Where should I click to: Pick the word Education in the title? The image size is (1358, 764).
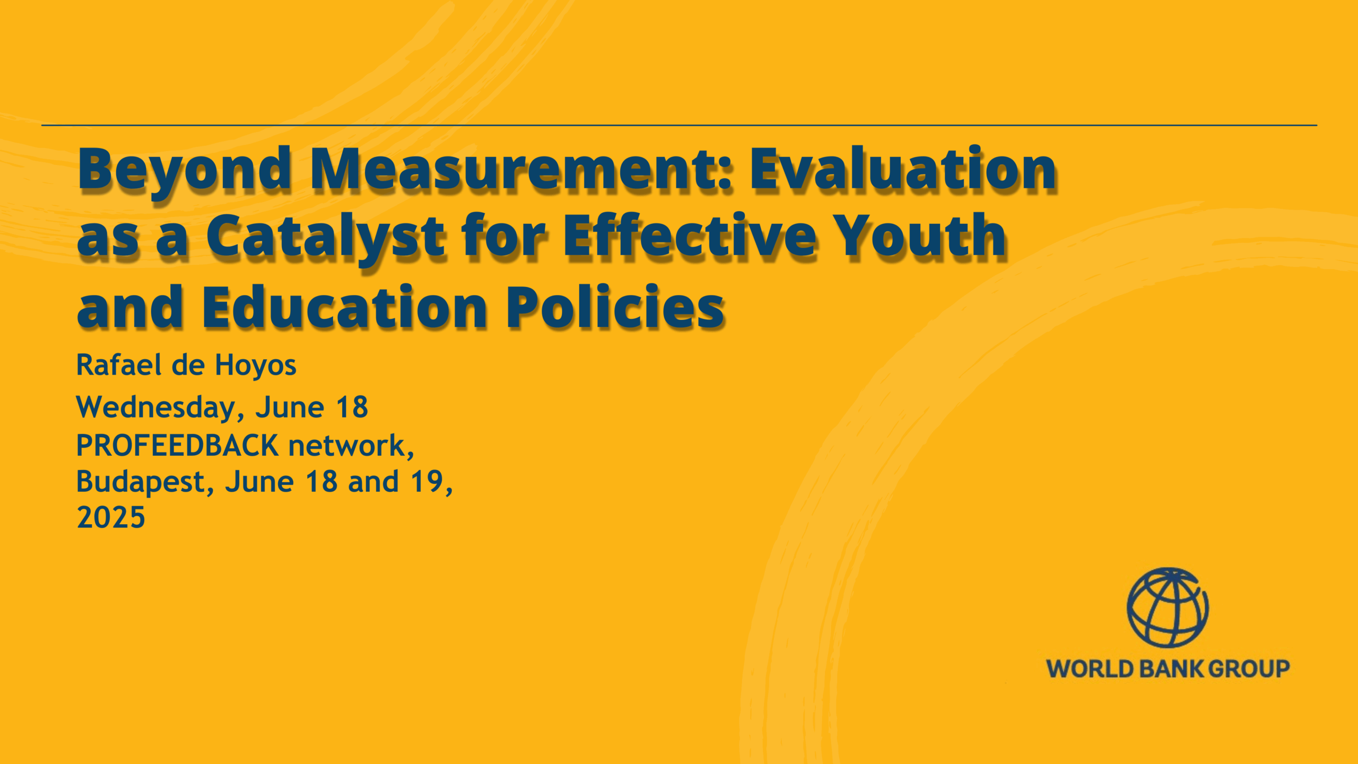344,307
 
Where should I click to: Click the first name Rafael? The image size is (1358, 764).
119,364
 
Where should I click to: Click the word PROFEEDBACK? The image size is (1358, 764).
178,445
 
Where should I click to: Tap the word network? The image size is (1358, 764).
351,446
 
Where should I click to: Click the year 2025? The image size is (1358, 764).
111,517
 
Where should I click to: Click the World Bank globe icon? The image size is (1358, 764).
1168,608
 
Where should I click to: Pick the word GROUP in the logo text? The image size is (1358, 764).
1249,668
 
